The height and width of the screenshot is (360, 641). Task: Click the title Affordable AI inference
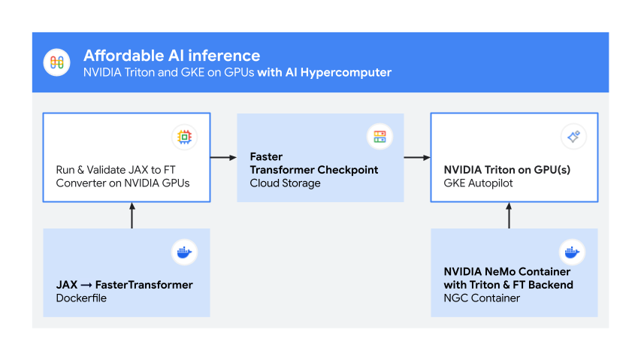point(171,56)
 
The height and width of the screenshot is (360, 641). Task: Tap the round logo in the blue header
point(57,62)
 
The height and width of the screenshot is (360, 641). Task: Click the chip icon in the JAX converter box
point(183,137)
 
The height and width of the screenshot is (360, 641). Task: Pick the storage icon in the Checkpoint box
point(379,137)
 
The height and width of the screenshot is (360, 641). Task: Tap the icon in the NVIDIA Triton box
point(573,137)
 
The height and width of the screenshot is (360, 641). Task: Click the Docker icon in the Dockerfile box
point(183,253)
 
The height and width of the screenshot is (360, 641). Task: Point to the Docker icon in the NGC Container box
point(572,253)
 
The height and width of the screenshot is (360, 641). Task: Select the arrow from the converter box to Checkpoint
point(223,158)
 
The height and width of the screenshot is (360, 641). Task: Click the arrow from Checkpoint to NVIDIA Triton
point(417,158)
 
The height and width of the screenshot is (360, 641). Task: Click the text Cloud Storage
point(285,183)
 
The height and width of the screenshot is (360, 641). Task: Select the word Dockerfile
point(80,298)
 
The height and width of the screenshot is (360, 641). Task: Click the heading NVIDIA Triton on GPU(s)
point(507,170)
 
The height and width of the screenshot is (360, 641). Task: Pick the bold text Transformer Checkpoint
point(313,170)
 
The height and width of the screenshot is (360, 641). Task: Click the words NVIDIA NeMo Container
point(507,271)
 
